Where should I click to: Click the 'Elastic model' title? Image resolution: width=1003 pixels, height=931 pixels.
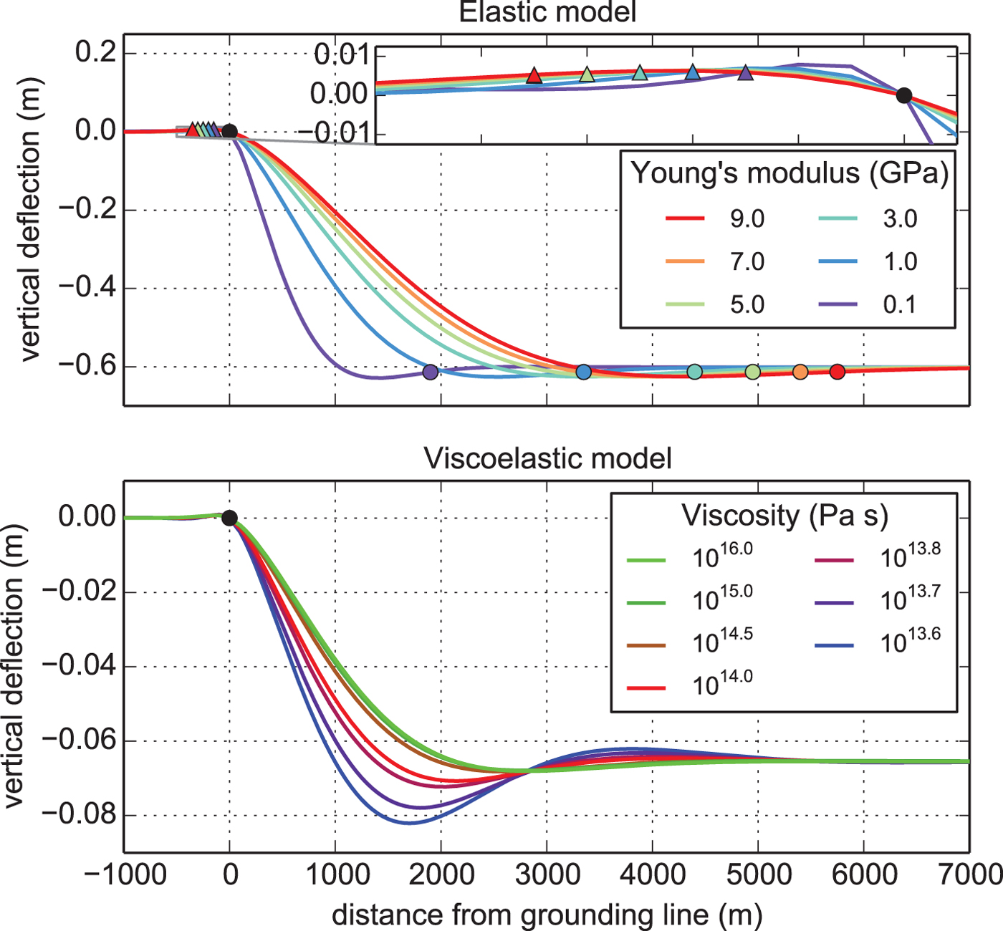(x=547, y=13)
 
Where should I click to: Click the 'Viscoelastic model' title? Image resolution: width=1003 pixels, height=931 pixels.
(x=547, y=458)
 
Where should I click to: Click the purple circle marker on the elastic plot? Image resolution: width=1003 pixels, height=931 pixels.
(x=430, y=372)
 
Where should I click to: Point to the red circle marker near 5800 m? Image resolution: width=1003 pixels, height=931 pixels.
(x=837, y=372)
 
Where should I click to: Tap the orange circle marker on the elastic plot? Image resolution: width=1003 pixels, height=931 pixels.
(x=800, y=372)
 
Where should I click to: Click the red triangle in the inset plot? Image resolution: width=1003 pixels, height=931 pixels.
(x=534, y=75)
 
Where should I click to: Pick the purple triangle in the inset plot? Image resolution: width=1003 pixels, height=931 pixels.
(x=746, y=72)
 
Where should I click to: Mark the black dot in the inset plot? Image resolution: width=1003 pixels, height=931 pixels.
(x=904, y=95)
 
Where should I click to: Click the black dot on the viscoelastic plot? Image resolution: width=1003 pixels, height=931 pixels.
(x=229, y=518)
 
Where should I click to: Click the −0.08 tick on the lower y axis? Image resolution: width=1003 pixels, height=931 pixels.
(x=79, y=815)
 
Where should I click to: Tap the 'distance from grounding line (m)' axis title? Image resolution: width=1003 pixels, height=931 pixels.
(x=547, y=915)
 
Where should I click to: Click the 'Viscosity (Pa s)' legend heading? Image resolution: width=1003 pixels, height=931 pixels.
(x=784, y=516)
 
